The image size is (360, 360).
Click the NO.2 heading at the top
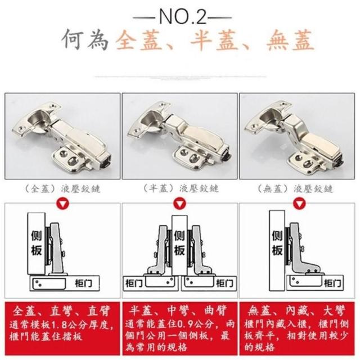(x=182, y=16)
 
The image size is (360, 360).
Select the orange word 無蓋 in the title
(x=290, y=40)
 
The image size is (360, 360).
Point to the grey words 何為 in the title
(x=85, y=39)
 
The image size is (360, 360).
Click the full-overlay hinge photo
(x=62, y=136)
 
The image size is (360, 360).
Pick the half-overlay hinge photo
(x=180, y=136)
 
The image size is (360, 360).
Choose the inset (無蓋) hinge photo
(x=297, y=136)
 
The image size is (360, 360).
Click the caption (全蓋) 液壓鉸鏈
(x=62, y=189)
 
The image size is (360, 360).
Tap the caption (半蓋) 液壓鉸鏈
(x=181, y=188)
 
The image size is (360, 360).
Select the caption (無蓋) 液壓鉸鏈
(x=295, y=189)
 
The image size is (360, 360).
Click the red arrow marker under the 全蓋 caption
(x=63, y=204)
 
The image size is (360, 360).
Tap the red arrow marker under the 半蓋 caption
(x=180, y=204)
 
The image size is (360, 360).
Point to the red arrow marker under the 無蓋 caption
(x=299, y=204)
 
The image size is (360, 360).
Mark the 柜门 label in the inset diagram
(x=332, y=283)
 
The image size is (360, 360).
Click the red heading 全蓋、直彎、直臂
(x=62, y=311)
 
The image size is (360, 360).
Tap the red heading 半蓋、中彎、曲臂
(x=178, y=310)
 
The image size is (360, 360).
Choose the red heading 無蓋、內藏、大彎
(x=296, y=311)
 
